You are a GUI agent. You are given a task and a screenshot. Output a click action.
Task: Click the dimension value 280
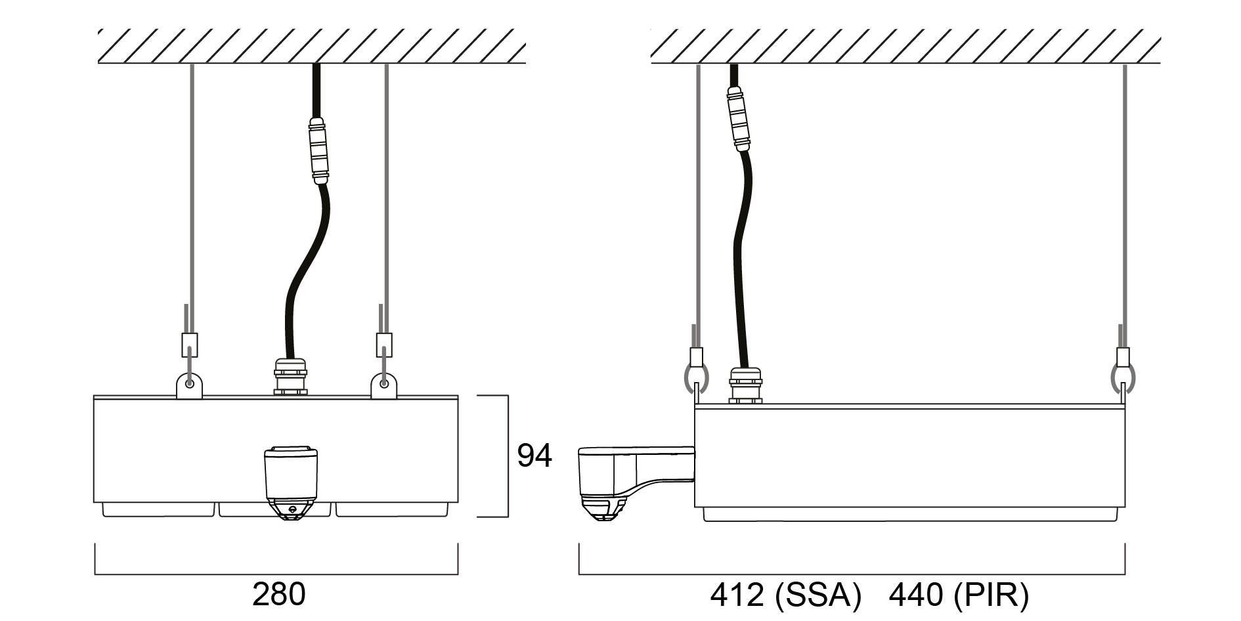[x=279, y=595]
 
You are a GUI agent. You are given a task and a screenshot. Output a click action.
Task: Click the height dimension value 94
[x=534, y=456]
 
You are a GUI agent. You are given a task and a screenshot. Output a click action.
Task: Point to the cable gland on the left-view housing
[x=290, y=377]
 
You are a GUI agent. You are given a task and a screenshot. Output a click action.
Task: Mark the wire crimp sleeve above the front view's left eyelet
[x=189, y=344]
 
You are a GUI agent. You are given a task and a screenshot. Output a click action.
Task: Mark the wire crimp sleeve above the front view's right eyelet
[x=385, y=344]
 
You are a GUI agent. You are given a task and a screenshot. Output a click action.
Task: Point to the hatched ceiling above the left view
[x=312, y=46]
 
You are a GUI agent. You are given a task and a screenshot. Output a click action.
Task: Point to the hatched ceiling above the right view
[x=905, y=46]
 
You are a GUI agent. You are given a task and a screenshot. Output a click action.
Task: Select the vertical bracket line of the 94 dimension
[x=508, y=456]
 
